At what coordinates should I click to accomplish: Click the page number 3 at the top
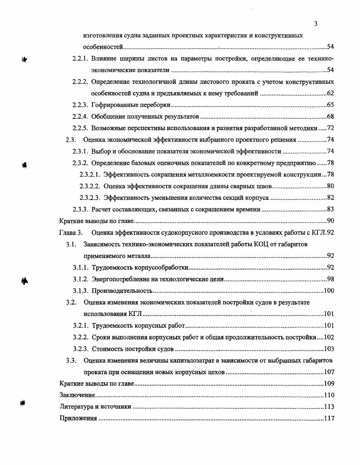[316, 24]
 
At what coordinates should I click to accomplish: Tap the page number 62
[330, 93]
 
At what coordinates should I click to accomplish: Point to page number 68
[330, 116]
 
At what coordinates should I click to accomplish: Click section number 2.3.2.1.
[90, 174]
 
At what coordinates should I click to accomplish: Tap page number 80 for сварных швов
[330, 186]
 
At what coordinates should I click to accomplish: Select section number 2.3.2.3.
[90, 198]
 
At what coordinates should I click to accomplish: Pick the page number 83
[330, 209]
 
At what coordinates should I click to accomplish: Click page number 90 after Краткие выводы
[330, 221]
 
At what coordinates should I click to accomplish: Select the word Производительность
[122, 291]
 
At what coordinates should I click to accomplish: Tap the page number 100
[328, 291]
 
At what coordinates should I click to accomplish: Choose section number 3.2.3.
[80, 349]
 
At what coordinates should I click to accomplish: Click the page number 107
[328, 372]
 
